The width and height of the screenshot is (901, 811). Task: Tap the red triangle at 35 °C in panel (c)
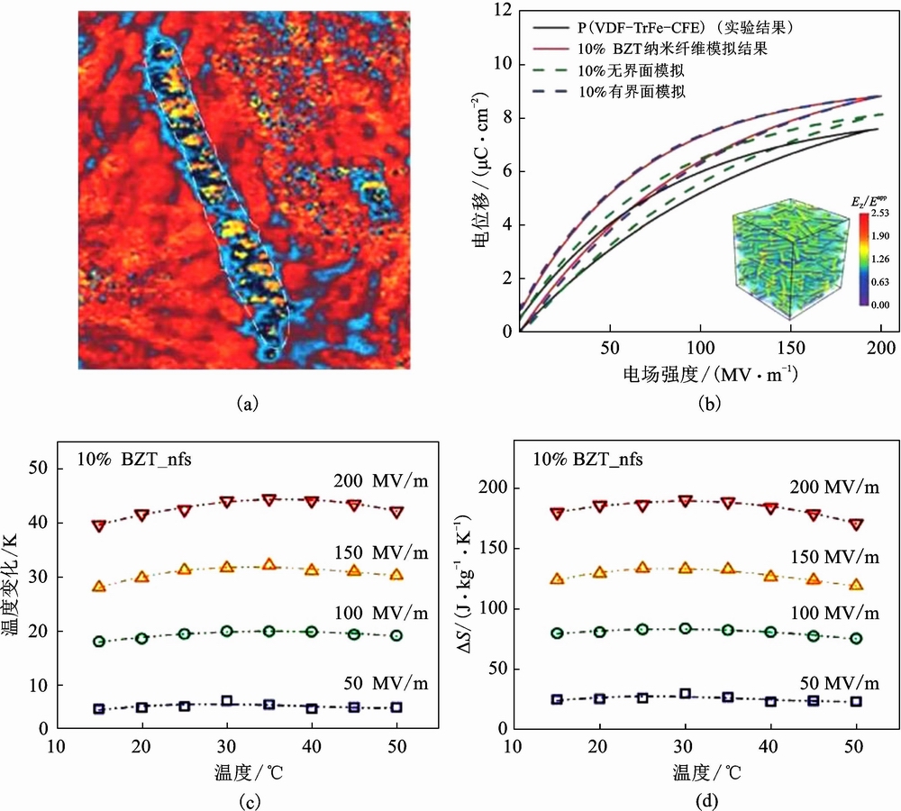coord(268,499)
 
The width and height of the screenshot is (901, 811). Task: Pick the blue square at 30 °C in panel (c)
coord(227,701)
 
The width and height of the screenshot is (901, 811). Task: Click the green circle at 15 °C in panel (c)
coord(99,642)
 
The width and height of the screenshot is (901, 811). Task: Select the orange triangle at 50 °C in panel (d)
coord(856,584)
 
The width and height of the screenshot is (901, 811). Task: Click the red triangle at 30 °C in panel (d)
coord(685,500)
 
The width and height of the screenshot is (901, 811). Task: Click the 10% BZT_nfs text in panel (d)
coord(587,459)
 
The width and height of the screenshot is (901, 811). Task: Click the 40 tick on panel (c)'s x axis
coord(312,746)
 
